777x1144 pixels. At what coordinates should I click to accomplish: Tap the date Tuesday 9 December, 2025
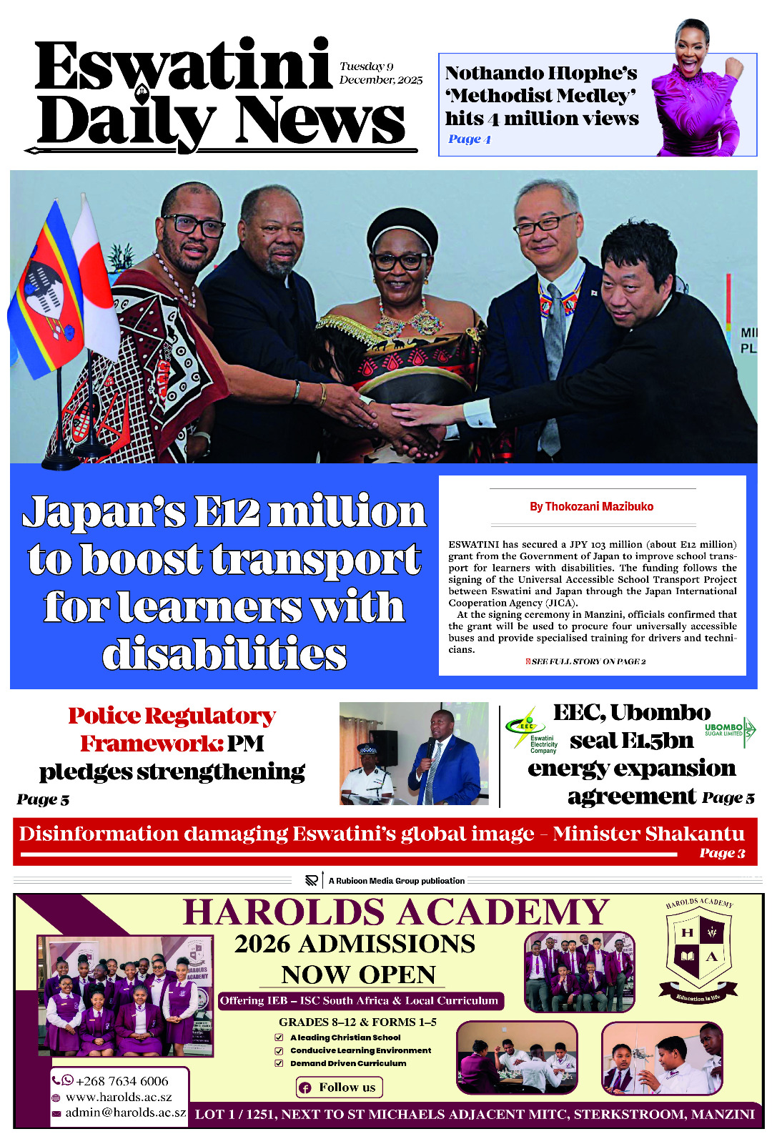[x=380, y=73]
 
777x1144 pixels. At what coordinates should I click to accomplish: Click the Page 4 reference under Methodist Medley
[x=469, y=139]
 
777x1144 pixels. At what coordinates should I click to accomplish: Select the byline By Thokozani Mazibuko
[x=591, y=506]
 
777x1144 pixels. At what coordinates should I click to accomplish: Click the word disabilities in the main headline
[x=224, y=654]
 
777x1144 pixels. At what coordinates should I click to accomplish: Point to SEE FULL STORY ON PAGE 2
[x=588, y=661]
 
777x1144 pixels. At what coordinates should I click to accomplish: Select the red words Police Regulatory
[x=172, y=716]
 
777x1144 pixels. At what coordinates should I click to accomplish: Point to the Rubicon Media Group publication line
[x=396, y=881]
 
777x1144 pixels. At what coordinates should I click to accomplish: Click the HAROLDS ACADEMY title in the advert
[x=395, y=913]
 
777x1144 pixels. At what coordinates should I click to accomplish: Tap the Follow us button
[x=340, y=1088]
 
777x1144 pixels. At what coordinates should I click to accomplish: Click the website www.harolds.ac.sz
[x=119, y=1097]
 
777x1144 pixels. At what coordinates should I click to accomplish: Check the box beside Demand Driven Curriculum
[x=279, y=1063]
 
